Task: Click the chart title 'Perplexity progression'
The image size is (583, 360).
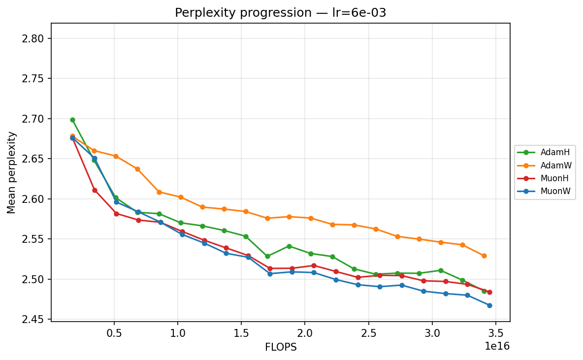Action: click(280, 13)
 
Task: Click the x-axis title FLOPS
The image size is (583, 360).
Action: click(281, 347)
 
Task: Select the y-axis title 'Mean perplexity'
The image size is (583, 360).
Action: click(11, 172)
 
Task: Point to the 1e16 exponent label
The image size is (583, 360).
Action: click(497, 346)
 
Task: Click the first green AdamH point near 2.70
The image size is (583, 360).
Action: click(72, 120)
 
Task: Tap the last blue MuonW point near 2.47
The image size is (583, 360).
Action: click(489, 305)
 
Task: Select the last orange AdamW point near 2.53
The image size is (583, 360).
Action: click(484, 256)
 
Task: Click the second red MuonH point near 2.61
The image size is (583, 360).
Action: click(95, 190)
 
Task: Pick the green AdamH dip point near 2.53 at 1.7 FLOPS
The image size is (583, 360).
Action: click(267, 256)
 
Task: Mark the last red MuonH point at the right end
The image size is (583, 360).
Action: click(489, 292)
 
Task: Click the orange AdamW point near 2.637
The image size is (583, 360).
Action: click(137, 169)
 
